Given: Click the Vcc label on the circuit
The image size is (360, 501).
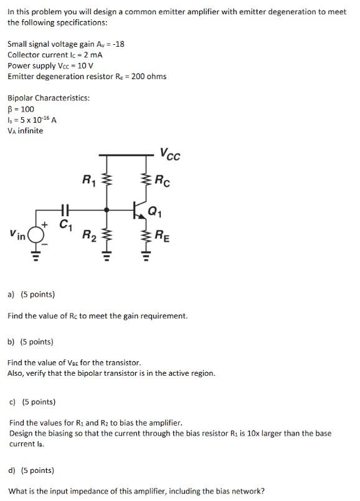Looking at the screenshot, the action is click(169, 154).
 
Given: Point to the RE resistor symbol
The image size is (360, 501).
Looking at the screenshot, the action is click(147, 236).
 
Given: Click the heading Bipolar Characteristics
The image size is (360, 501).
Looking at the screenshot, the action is click(49, 98).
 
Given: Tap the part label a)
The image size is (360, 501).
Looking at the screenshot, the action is click(12, 294).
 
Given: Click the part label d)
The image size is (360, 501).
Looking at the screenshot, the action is click(12, 470).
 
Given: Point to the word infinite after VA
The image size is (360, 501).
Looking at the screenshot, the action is click(31, 131).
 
